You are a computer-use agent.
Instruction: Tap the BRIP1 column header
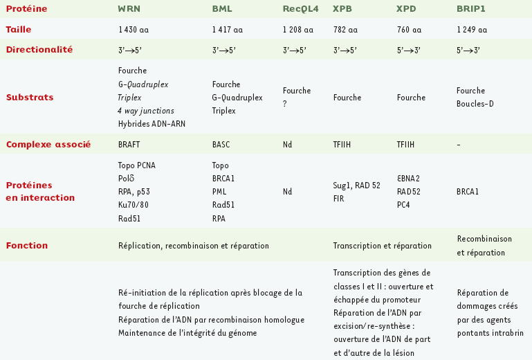[470, 8]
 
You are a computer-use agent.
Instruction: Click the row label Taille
[19, 30]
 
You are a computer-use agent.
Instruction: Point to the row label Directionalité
[39, 50]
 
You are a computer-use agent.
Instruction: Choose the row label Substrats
[30, 98]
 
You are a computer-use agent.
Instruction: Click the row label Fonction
[27, 246]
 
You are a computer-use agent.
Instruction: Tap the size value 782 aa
[345, 30]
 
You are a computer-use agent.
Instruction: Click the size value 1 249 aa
[472, 30]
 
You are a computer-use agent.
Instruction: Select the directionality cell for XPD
[408, 51]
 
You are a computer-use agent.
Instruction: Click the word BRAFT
[130, 145]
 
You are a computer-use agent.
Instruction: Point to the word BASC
[221, 145]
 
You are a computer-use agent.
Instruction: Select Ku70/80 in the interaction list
[133, 206]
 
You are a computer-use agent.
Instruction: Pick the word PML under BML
[220, 192]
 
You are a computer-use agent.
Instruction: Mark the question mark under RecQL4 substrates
[285, 105]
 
